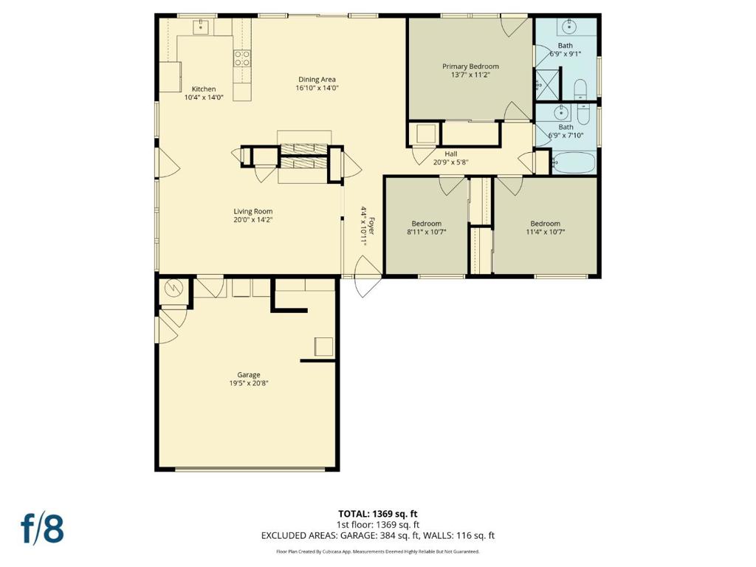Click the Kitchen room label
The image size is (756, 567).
(x=204, y=89)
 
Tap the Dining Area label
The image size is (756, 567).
(x=317, y=80)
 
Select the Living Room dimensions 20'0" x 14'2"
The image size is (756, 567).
(x=253, y=220)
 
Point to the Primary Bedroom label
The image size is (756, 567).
(x=470, y=66)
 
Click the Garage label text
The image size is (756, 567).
(x=249, y=374)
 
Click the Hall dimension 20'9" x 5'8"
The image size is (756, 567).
(x=451, y=162)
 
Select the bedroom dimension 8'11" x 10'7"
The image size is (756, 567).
(x=427, y=232)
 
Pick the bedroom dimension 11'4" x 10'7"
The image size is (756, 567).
(x=546, y=232)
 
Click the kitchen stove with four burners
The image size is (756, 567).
(x=242, y=59)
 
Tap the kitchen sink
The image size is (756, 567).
(x=201, y=27)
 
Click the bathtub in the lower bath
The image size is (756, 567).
(x=573, y=163)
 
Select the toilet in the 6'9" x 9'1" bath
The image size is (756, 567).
(x=580, y=89)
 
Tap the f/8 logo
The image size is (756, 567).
(x=42, y=528)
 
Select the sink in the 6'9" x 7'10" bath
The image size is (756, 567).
(x=561, y=114)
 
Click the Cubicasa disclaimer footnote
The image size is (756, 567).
(x=377, y=551)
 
